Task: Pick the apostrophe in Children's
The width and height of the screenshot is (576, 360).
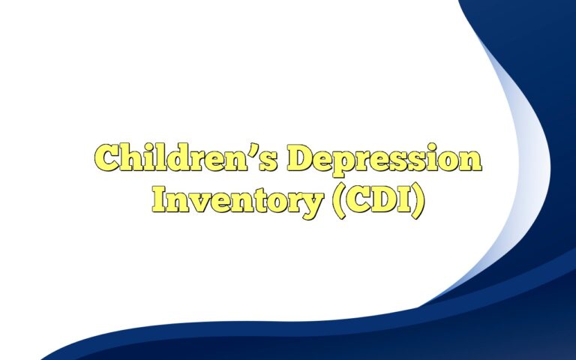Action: click(260, 150)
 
